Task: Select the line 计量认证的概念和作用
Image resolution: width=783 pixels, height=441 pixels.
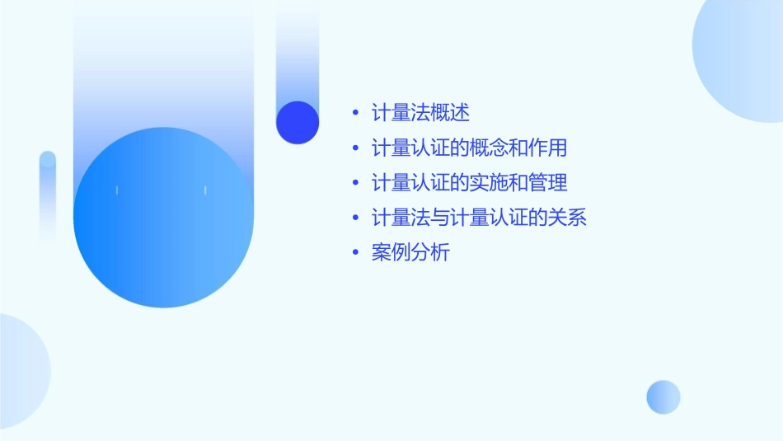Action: [469, 148]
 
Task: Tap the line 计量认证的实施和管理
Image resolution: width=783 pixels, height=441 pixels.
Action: [469, 183]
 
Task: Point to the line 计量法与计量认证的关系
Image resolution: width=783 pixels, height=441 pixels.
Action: [479, 218]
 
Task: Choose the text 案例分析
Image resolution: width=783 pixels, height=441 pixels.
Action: [410, 253]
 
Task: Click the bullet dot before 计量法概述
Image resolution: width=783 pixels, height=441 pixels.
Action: [355, 113]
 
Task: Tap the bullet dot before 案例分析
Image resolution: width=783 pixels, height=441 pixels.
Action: [355, 253]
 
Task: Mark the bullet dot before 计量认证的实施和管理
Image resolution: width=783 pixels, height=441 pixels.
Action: [355, 183]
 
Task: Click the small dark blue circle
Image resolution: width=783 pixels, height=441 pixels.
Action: [298, 122]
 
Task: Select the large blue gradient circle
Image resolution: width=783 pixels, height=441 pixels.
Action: [163, 218]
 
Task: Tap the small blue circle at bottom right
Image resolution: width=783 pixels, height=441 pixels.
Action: [663, 396]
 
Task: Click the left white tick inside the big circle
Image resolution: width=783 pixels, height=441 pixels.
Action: [117, 190]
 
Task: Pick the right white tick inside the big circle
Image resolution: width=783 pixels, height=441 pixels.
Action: [205, 190]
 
